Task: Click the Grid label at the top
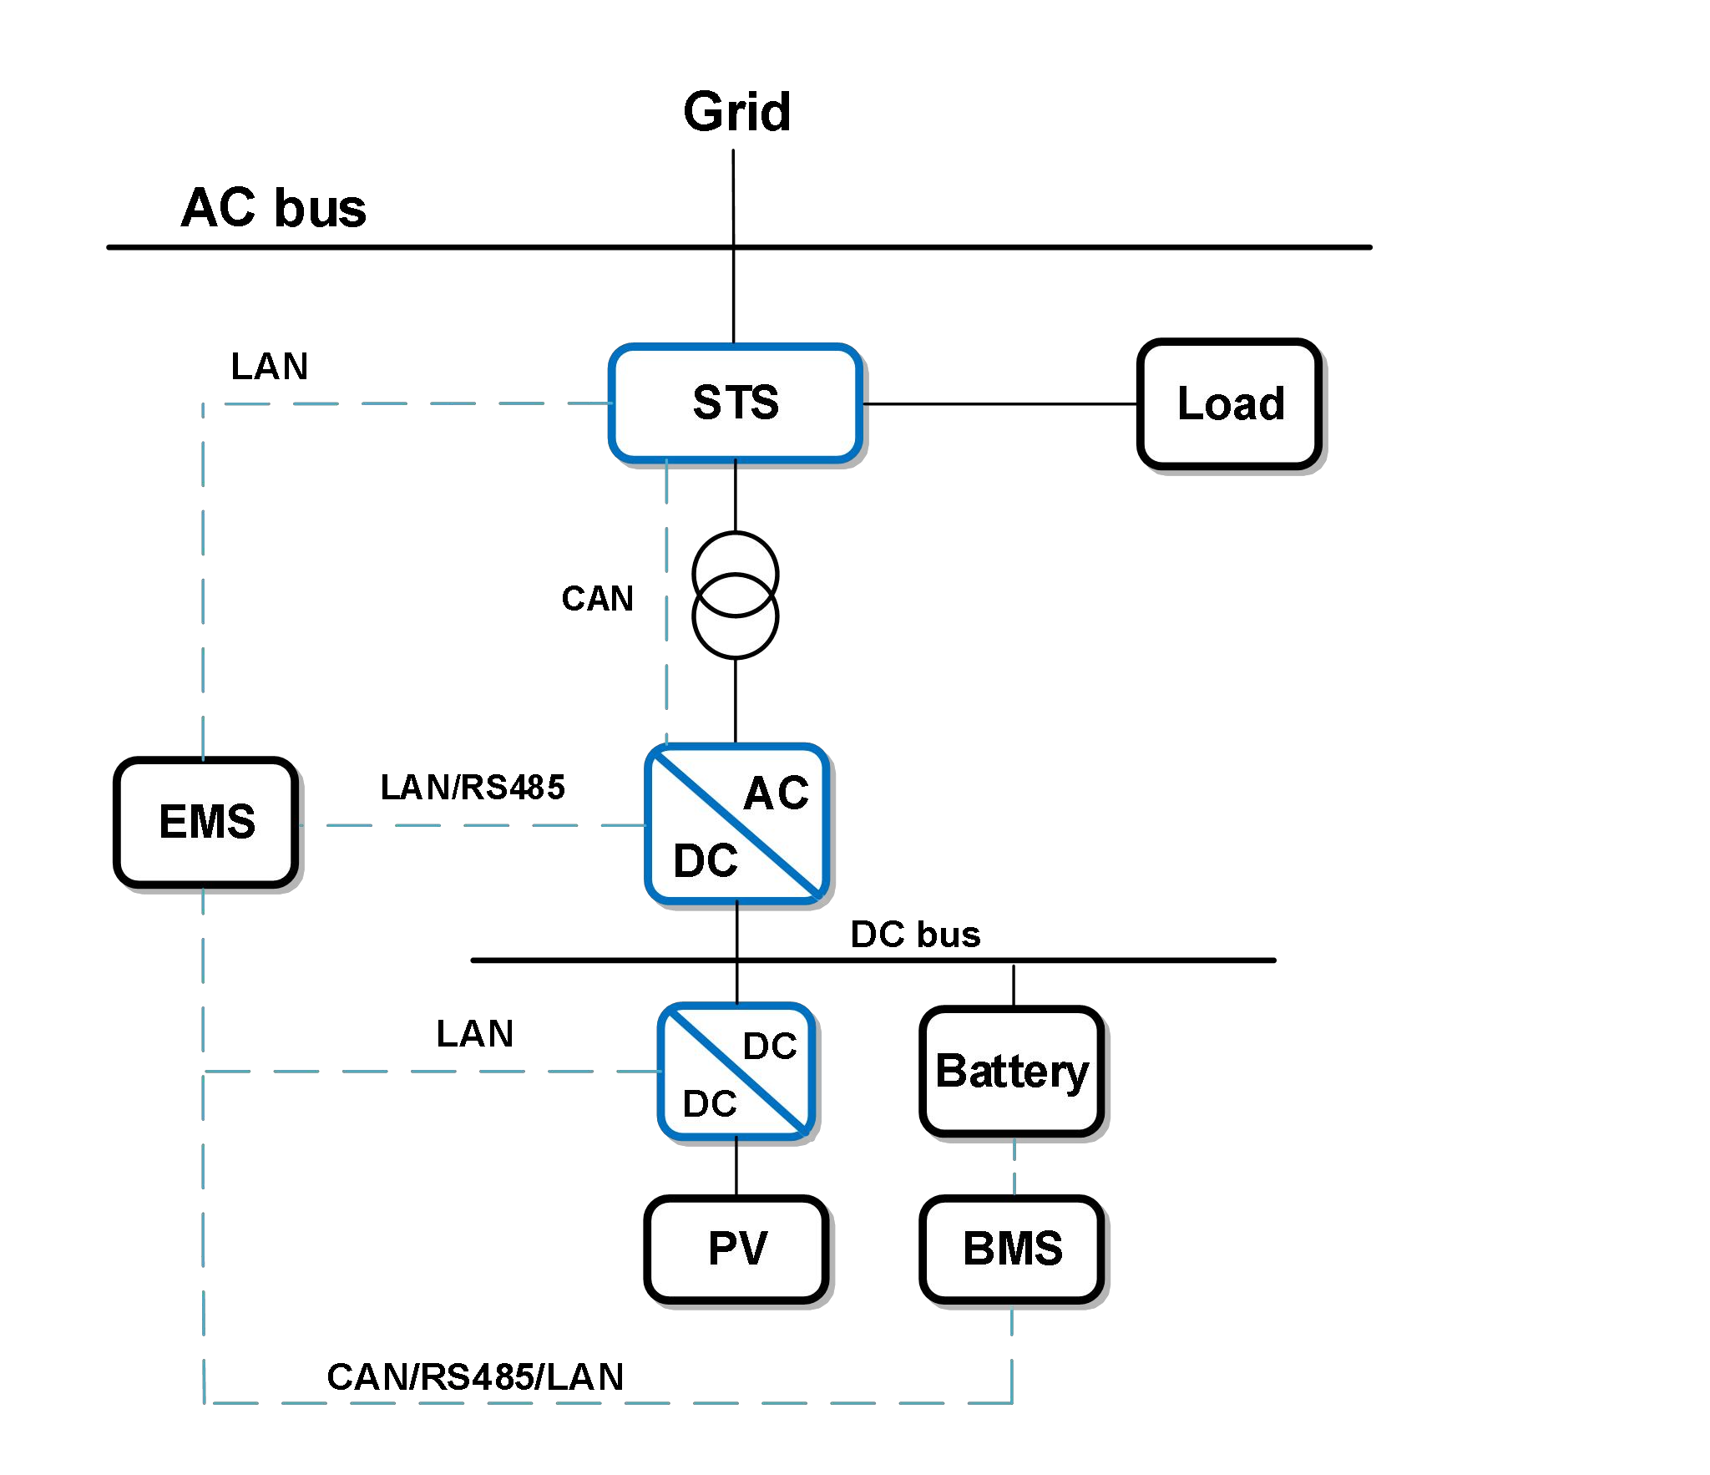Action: [736, 112]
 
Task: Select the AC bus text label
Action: [274, 207]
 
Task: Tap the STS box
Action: [736, 403]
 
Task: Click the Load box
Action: [1230, 404]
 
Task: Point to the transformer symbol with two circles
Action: [736, 596]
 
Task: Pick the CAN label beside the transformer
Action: [597, 599]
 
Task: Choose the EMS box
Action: [207, 822]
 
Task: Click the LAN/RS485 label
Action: [473, 788]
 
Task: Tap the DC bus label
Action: [915, 935]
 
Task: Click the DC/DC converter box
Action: [736, 1072]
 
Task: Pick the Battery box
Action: [1012, 1072]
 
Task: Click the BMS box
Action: [1012, 1249]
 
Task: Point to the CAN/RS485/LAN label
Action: [475, 1377]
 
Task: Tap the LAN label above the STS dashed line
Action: [270, 367]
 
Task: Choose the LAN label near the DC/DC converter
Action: [475, 1034]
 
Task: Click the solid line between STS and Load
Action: [1000, 404]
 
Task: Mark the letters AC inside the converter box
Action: [777, 793]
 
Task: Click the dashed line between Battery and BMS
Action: [1014, 1168]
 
